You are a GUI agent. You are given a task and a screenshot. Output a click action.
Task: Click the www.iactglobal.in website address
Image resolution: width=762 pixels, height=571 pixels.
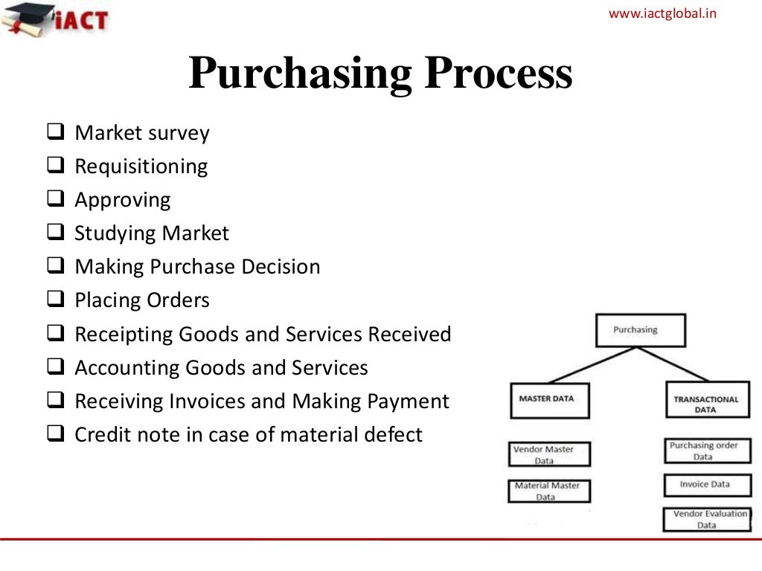pos(662,13)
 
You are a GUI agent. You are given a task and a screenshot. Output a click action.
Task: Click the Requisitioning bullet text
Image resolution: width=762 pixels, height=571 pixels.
pos(141,167)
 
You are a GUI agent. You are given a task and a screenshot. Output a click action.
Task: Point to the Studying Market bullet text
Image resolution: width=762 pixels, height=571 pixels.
pos(152,233)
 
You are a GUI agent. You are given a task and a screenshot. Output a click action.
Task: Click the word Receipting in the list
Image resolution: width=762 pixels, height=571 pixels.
pos(124,335)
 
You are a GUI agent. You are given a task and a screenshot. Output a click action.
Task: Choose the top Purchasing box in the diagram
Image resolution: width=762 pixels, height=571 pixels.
pos(640,330)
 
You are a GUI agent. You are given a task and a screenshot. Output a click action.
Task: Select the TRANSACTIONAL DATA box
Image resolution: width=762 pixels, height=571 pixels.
pos(705,404)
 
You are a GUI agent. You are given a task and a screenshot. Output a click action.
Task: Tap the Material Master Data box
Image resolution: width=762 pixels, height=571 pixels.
pos(550,491)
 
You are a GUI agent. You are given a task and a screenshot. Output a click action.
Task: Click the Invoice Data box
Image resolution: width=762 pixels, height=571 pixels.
pos(705,485)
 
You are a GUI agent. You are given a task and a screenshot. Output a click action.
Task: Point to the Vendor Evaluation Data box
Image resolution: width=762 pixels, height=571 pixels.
pos(706,519)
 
